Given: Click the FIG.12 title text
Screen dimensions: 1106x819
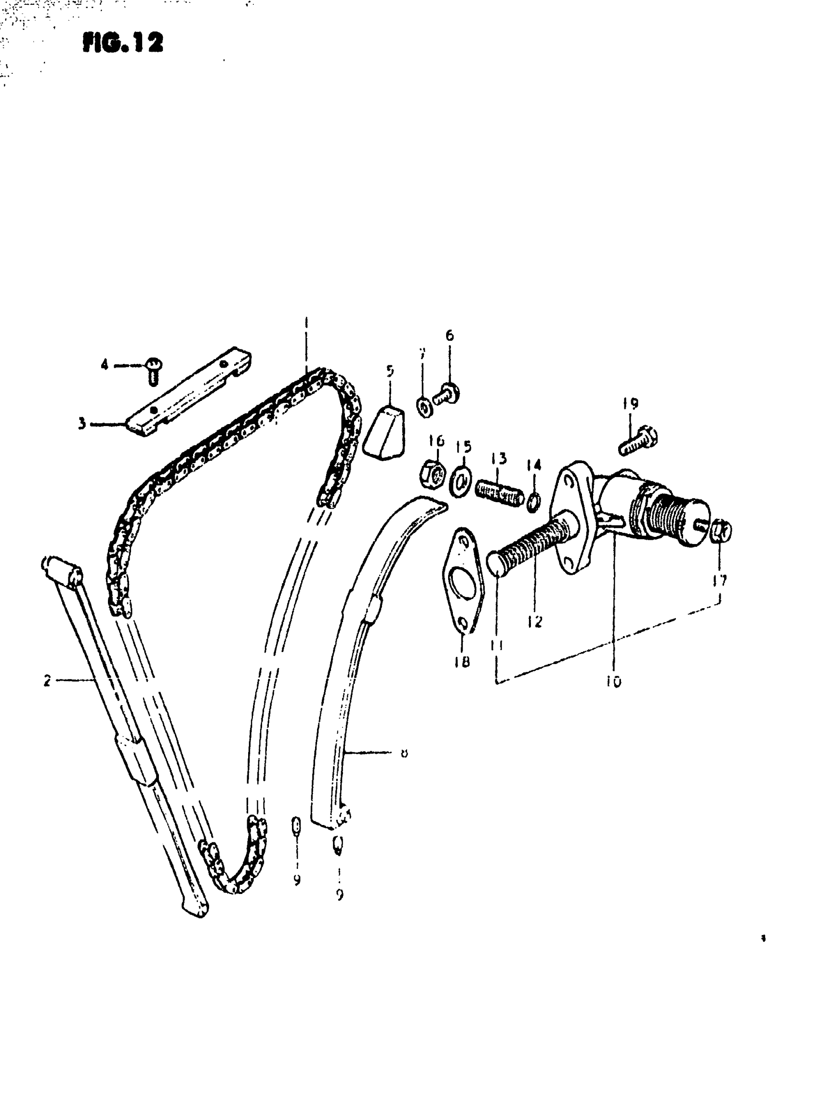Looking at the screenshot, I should (122, 43).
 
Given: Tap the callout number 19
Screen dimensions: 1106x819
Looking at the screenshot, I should (630, 404).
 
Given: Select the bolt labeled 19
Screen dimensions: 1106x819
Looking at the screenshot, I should (639, 441).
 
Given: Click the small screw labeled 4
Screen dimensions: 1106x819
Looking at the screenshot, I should (154, 370).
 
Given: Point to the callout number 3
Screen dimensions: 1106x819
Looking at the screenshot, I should (82, 424).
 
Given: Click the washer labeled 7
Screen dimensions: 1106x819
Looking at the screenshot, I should (425, 408).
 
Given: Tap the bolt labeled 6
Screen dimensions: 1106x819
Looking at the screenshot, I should (447, 394).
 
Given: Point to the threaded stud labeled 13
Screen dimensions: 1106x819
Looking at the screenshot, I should (498, 492).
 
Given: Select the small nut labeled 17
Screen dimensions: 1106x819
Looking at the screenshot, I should (723, 532).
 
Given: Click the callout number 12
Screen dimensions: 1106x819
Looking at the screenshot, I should (535, 621).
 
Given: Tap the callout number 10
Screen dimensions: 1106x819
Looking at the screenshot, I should (613, 682).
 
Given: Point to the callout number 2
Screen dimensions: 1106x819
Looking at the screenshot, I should (47, 680).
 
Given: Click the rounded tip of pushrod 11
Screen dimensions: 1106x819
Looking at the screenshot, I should (496, 563).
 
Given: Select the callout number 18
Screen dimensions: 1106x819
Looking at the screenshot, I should (462, 661).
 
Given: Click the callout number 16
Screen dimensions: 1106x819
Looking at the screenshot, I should (437, 440).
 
